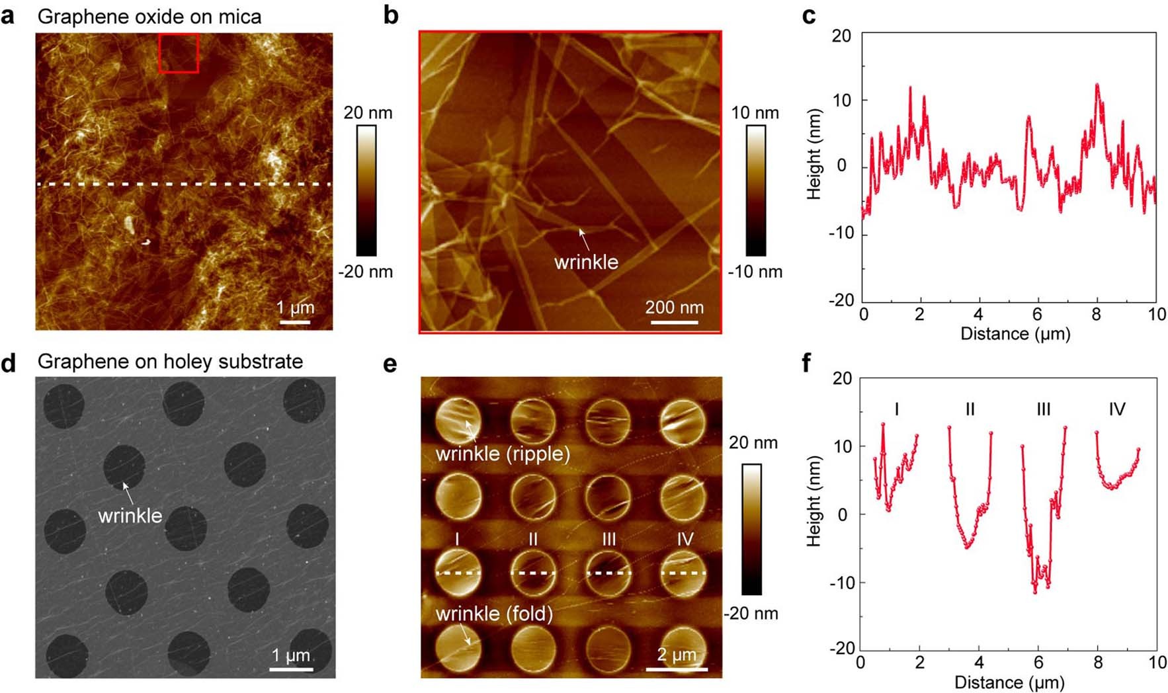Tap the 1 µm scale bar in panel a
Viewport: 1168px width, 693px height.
click(x=294, y=322)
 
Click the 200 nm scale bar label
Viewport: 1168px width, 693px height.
click(x=674, y=307)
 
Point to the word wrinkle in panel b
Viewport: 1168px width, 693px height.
click(x=586, y=262)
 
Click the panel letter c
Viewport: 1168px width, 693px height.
click(x=808, y=15)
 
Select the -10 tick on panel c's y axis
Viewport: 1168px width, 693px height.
click(x=841, y=233)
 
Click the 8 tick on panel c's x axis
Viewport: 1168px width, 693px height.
click(x=1096, y=314)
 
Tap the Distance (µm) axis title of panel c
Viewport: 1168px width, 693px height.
click(x=1015, y=333)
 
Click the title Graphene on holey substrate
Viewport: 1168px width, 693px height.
click(x=170, y=361)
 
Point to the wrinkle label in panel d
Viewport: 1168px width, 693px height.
click(x=130, y=515)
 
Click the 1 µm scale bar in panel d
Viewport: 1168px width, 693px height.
click(x=291, y=669)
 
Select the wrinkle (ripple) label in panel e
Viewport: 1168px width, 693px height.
click(x=503, y=454)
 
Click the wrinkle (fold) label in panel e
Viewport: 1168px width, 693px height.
click(x=494, y=614)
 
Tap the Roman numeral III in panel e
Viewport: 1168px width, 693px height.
click(x=608, y=540)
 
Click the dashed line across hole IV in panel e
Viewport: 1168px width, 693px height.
click(x=683, y=573)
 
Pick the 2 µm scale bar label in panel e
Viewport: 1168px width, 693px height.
click(x=676, y=655)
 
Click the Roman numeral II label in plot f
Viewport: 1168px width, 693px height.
click(x=970, y=409)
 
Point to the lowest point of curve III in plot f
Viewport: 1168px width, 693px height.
click(x=1035, y=592)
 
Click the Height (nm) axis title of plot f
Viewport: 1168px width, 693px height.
click(x=813, y=501)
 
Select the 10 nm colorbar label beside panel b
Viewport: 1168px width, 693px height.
click(x=755, y=112)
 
